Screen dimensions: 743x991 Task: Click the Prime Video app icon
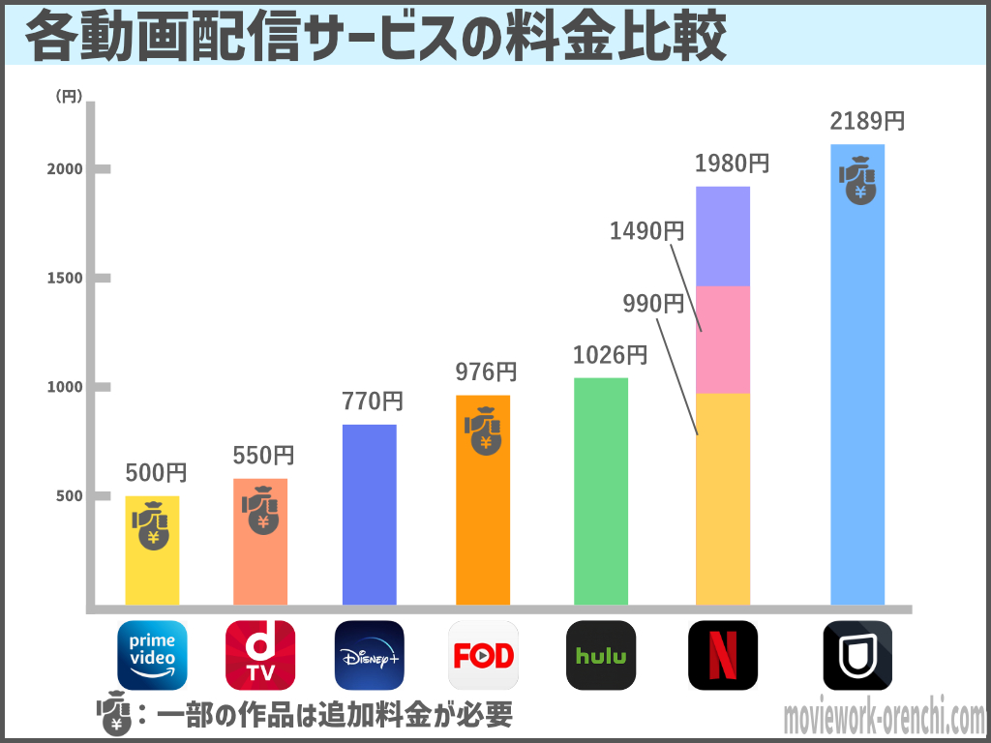point(152,655)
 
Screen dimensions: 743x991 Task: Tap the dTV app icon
point(260,655)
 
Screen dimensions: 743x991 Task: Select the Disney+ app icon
point(369,655)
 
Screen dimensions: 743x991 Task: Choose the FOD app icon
point(483,655)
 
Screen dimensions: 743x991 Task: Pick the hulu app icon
point(601,655)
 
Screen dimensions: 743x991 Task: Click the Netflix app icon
point(723,655)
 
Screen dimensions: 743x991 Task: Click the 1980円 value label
point(732,163)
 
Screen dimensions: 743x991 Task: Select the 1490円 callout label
point(646,231)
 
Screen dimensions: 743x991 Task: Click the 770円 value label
point(372,401)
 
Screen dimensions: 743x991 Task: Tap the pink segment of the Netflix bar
point(723,340)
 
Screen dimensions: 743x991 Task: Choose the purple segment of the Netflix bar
point(723,236)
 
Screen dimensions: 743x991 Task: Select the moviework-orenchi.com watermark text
point(883,719)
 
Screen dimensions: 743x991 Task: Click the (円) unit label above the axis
point(69,96)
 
